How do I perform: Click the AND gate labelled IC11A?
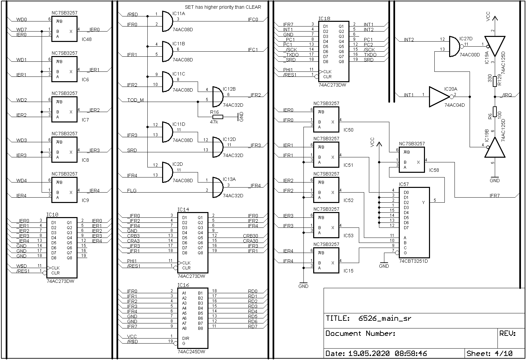pyautogui.click(x=167, y=21)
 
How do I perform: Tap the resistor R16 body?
pyautogui.click(x=218, y=117)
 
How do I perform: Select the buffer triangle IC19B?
pyautogui.click(x=495, y=148)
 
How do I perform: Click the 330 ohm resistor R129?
pyautogui.click(x=495, y=82)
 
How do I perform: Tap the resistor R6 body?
pyautogui.click(x=495, y=111)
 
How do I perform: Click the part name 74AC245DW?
pyautogui.click(x=191, y=352)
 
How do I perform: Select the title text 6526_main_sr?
pyautogui.click(x=385, y=318)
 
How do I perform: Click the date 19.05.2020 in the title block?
pyautogui.click(x=369, y=353)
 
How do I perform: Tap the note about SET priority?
pyautogui.click(x=223, y=7)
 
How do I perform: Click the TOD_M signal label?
pyautogui.click(x=136, y=100)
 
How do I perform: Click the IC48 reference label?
pyautogui.click(x=87, y=39)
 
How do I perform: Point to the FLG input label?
pyautogui.click(x=132, y=191)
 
